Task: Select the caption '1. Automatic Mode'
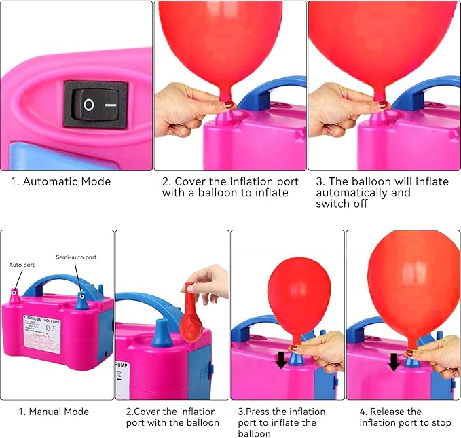[60, 182]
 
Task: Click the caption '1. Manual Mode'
[53, 412]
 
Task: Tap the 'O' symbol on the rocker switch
[89, 105]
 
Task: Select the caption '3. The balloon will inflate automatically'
[382, 192]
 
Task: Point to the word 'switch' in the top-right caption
[329, 203]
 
